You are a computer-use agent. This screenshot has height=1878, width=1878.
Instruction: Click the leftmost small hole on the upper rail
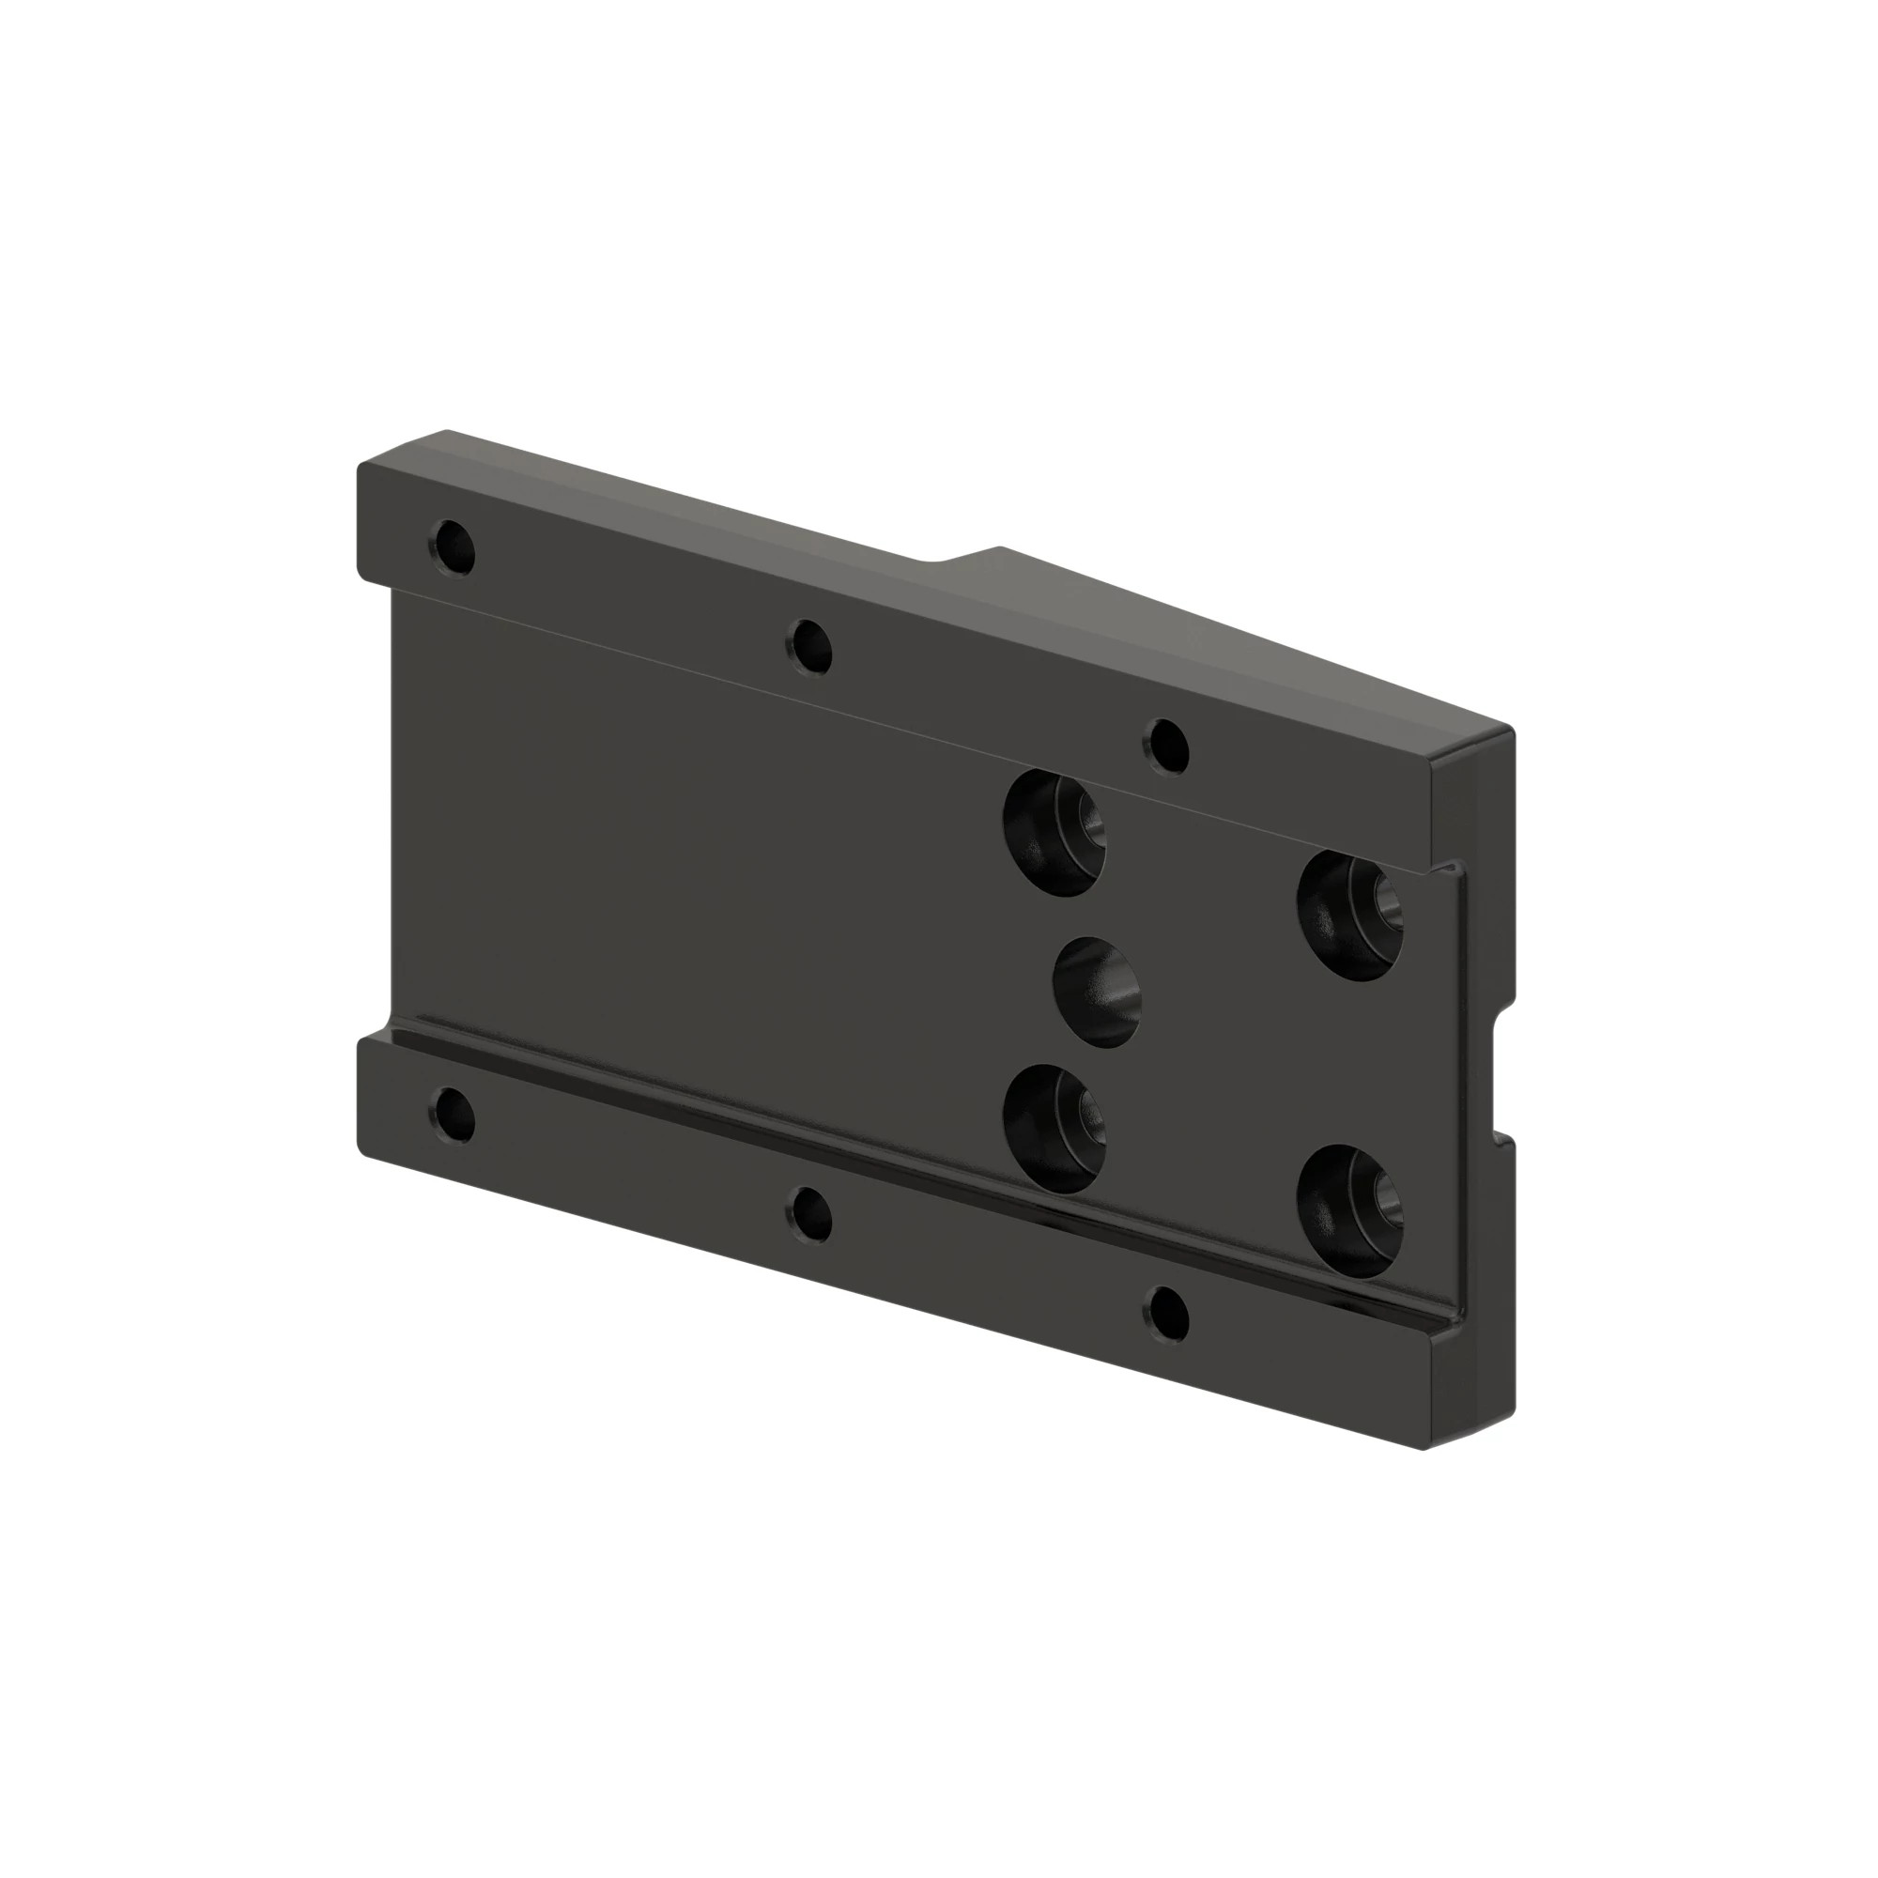pos(453,548)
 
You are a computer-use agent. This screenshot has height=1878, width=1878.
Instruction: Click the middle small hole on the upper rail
pos(811,647)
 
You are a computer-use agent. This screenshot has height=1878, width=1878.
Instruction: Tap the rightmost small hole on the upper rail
pos(1167,745)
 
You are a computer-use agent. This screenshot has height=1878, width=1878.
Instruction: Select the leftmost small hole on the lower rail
pos(453,1115)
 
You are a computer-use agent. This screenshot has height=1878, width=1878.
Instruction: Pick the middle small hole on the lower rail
pos(811,1214)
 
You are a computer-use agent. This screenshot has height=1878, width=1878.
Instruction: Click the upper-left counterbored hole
pos(1054,832)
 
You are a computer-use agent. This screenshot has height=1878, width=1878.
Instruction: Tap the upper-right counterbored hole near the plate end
pos(1350,914)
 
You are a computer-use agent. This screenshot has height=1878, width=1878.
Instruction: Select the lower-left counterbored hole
pos(1054,1128)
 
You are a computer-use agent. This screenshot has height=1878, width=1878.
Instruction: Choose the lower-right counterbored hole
pos(1350,1209)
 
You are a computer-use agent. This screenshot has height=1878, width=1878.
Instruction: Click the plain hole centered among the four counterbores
pos(1097,992)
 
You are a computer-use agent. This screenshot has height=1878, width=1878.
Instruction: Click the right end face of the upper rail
pos(1471,797)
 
